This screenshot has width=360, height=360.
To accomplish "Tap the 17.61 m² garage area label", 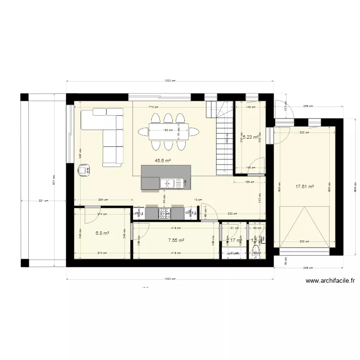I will point(305,187).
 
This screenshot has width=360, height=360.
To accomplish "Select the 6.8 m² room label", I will point(102,233).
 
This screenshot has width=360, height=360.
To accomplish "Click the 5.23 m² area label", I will point(250,137).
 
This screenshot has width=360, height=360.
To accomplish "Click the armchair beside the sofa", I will point(85,170).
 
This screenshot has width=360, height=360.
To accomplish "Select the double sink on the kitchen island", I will point(168,183).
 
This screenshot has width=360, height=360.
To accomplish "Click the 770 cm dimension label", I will point(153,107).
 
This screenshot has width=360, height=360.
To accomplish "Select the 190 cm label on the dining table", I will point(168,130).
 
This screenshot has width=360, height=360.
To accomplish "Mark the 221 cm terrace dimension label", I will point(44,201).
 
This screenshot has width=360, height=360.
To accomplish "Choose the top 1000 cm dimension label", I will point(168,81).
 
